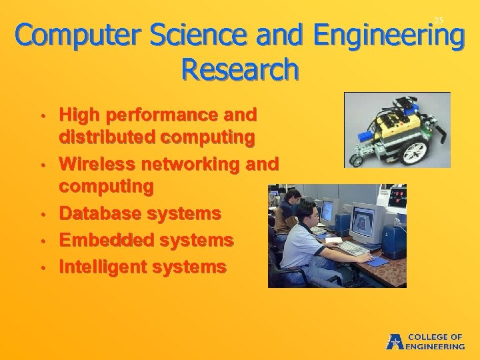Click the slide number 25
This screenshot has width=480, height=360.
pos(438,21)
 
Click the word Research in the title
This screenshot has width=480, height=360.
pos(240,69)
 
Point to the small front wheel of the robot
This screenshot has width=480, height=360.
pos(357,161)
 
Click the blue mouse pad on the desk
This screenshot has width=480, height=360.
pos(377,261)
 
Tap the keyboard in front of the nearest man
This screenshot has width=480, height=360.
pos(353,249)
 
